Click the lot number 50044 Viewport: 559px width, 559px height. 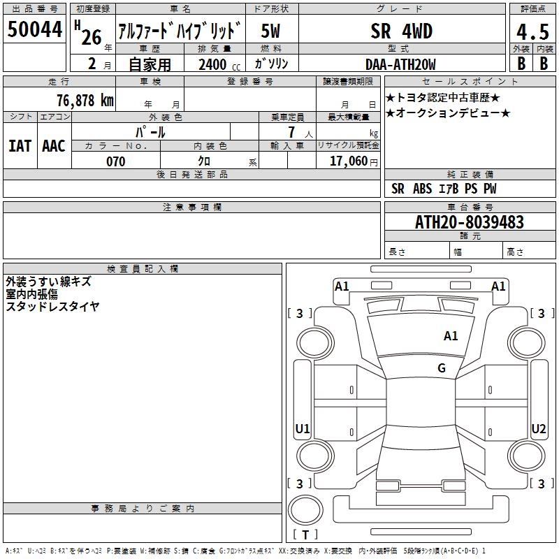pyautogui.click(x=35, y=30)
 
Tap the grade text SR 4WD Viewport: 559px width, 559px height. pyautogui.click(x=401, y=31)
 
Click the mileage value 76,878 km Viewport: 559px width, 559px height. pyautogui.click(x=85, y=100)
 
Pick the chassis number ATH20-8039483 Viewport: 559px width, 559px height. pyautogui.click(x=469, y=222)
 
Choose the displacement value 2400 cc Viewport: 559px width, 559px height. pyautogui.click(x=216, y=64)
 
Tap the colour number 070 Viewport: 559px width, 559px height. pyautogui.click(x=116, y=161)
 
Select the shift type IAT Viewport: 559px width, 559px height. pyautogui.click(x=20, y=145)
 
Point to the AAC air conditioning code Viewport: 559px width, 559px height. pyautogui.click(x=54, y=145)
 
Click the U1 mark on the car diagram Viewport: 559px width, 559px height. pyautogui.click(x=303, y=428)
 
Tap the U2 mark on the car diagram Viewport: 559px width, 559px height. pyautogui.click(x=538, y=428)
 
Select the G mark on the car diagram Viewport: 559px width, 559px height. pyautogui.click(x=442, y=368)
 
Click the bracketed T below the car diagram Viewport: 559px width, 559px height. pyautogui.click(x=305, y=535)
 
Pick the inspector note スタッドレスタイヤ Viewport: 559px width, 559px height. pyautogui.click(x=52, y=306)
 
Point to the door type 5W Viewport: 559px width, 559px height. pyautogui.click(x=271, y=31)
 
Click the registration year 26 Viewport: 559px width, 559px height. pyautogui.click(x=91, y=37)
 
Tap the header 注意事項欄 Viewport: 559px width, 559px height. pyautogui.click(x=192, y=208)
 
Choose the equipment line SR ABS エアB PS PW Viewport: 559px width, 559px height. pyautogui.click(x=444, y=189)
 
